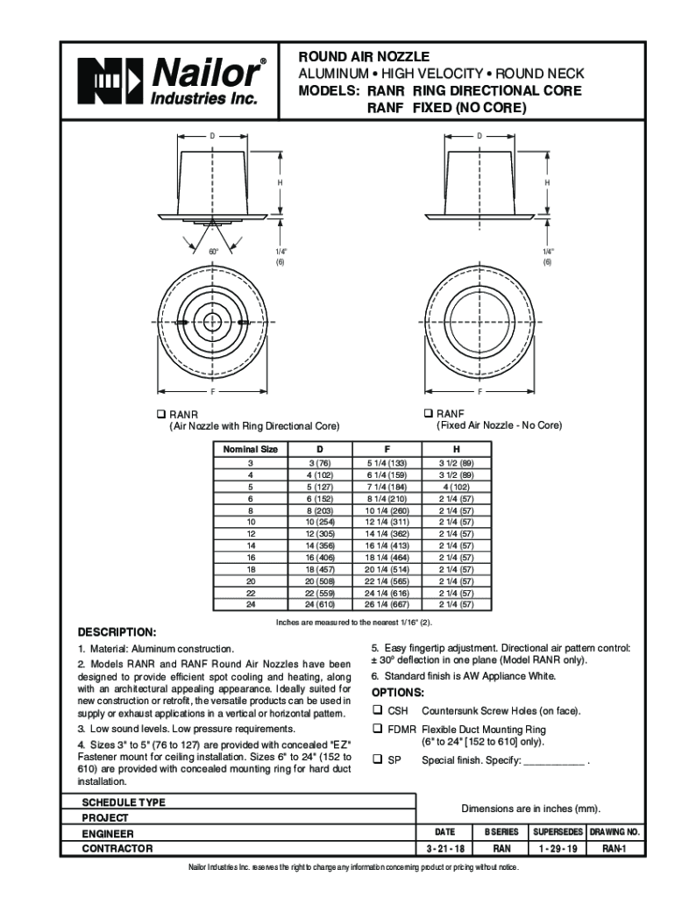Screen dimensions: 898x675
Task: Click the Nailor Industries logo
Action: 169,81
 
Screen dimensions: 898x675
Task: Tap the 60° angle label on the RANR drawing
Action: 213,252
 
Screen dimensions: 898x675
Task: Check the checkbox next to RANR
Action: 160,413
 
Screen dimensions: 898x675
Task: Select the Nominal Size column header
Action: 250,449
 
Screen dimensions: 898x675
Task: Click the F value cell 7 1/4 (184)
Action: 386,486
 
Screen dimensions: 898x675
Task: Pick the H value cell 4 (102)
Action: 456,486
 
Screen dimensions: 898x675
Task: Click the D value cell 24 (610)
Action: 320,604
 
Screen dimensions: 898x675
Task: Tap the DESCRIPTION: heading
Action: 117,631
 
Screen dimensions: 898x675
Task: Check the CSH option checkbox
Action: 378,710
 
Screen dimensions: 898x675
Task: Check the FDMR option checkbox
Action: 378,729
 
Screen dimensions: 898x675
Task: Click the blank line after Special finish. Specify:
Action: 553,760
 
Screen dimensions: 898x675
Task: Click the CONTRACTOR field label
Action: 117,849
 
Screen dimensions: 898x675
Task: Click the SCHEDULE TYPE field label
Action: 124,802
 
